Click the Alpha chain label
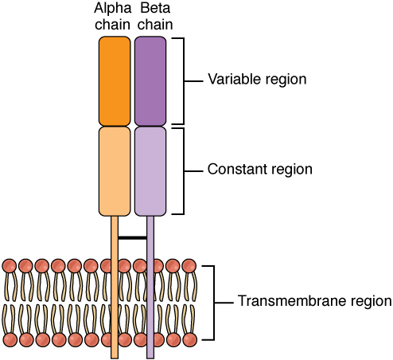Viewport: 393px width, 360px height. tap(115, 16)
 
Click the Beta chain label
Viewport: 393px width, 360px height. tap(150, 16)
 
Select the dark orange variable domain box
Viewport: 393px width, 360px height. tap(115, 80)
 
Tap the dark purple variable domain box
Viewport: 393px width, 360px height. tap(150, 80)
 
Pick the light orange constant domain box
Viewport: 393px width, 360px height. tap(115, 171)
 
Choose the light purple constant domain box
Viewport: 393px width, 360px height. tap(150, 171)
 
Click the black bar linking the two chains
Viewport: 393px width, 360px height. tap(132, 237)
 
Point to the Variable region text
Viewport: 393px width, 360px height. tap(257, 80)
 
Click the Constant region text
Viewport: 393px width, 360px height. tap(259, 170)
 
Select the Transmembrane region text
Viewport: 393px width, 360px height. tap(314, 302)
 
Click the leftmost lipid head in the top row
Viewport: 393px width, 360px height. tap(10, 266)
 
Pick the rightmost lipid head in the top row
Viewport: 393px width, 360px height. tap(189, 266)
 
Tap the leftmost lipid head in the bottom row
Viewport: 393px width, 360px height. tap(10, 339)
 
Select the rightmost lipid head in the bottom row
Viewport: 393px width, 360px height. tap(189, 339)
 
